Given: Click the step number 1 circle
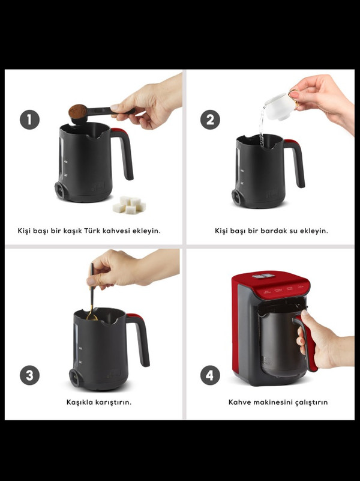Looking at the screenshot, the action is (x=30, y=119).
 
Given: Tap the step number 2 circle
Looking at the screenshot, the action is (x=210, y=119).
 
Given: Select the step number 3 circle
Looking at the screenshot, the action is (x=30, y=375).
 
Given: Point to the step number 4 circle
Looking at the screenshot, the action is (x=210, y=375).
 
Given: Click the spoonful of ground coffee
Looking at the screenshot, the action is (x=77, y=111).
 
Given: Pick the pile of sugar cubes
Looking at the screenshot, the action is (x=129, y=205).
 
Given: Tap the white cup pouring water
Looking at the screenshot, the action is (x=281, y=106).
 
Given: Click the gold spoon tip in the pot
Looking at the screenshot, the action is (x=92, y=316).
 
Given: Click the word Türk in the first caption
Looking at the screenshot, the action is (x=92, y=231).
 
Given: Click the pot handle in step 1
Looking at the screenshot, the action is (x=124, y=153).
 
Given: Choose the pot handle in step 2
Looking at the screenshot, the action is (x=295, y=163).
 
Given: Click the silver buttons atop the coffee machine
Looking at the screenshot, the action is (x=263, y=276).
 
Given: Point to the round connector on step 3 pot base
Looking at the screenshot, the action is (x=75, y=378).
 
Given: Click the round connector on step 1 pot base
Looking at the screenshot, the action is (x=60, y=190).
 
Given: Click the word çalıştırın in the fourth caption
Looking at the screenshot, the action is (x=311, y=402).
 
